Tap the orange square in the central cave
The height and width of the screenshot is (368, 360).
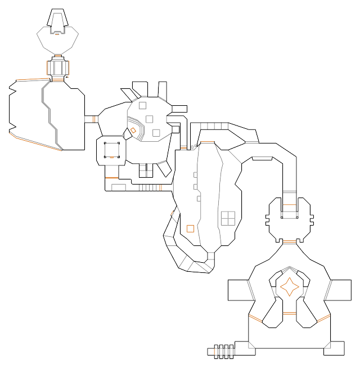click(190, 228)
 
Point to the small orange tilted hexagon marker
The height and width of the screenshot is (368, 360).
click(133, 131)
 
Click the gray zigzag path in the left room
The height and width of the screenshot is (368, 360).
click(49, 115)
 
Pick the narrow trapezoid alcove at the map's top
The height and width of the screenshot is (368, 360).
click(57, 23)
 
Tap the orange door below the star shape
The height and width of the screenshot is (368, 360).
click(289, 313)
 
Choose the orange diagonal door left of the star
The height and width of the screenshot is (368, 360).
click(256, 320)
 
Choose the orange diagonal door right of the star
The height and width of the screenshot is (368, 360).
click(323, 319)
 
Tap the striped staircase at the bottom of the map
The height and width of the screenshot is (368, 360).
click(224, 351)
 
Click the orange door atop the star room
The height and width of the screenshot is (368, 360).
click(289, 242)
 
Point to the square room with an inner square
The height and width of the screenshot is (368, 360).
click(111, 150)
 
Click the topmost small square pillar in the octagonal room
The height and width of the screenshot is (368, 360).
click(142, 105)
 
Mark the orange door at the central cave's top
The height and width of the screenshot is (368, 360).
click(207, 143)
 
